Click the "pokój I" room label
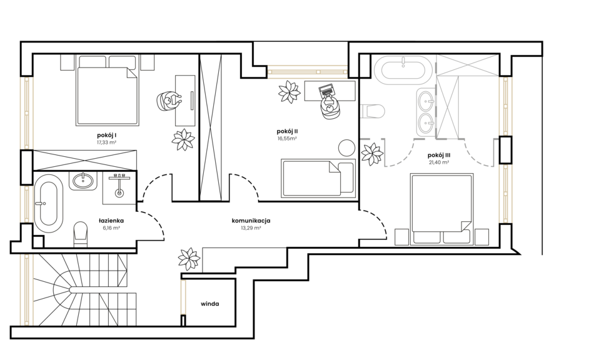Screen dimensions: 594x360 point(106,135)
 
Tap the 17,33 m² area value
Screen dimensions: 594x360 point(106,142)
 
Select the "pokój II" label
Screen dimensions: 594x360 point(287,131)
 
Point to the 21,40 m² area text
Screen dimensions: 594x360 point(439,162)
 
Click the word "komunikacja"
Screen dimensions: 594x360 point(251,221)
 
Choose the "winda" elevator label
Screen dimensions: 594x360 point(210,304)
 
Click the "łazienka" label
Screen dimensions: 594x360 point(111,221)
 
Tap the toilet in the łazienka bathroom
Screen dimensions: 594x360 point(80,234)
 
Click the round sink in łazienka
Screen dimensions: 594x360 point(83,181)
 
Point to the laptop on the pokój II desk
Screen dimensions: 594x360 point(326,90)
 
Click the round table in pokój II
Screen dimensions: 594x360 point(346,147)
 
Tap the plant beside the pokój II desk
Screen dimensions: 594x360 point(289,92)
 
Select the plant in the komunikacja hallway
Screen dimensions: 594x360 point(189,259)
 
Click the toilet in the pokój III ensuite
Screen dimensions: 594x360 point(373,111)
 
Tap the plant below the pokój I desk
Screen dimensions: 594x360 point(183,139)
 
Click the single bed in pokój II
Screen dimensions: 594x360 point(318,178)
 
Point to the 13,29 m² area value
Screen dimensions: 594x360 point(251,228)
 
